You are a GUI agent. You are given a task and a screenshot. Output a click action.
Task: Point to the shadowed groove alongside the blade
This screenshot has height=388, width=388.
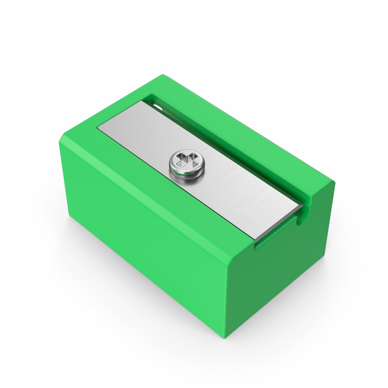234,154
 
